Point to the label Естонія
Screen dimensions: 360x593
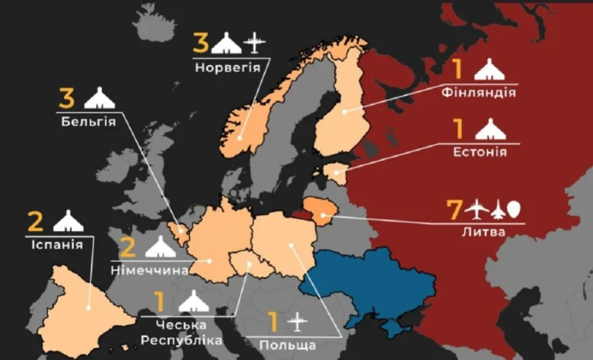(x=479, y=151)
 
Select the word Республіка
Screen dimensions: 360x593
(x=181, y=340)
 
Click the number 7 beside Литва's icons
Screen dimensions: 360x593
(x=456, y=209)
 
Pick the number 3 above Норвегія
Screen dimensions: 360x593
(x=201, y=42)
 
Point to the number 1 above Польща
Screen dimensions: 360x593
(x=271, y=320)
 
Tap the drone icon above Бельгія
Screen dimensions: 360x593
(x=100, y=99)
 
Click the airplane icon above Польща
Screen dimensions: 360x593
(x=296, y=320)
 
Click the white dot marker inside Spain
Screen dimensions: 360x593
(x=90, y=307)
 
